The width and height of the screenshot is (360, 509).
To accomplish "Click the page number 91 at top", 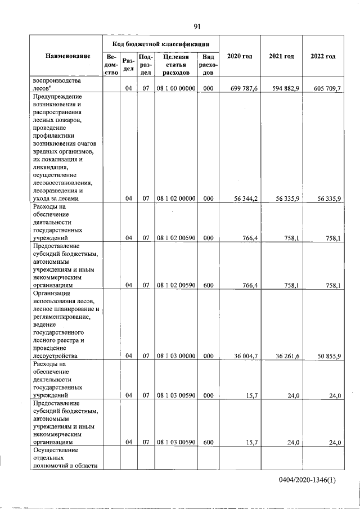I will tap(197, 26).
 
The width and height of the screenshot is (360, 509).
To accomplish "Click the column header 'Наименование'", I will tap(69, 57).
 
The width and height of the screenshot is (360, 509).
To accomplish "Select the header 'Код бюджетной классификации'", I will tap(161, 43).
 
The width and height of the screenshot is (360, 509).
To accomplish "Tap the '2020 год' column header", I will tap(239, 57).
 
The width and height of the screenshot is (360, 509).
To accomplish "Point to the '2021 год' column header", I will tap(281, 57).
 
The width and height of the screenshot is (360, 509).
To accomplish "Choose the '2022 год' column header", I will tap(323, 57).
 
